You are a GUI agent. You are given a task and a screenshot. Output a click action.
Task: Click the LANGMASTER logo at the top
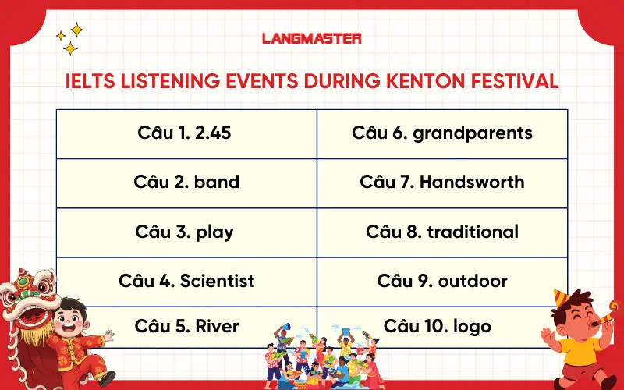click(311, 37)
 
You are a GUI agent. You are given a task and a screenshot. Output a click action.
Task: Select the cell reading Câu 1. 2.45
click(186, 133)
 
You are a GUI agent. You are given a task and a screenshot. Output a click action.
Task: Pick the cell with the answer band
click(186, 183)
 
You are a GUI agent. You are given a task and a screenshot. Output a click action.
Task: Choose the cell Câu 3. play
click(186, 232)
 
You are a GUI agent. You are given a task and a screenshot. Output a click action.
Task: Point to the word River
click(218, 326)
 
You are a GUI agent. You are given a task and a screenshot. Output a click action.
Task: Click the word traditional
click(473, 232)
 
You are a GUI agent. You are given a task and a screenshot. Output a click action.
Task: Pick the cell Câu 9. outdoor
click(442, 281)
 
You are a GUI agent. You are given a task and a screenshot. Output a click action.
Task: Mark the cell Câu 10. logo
click(442, 326)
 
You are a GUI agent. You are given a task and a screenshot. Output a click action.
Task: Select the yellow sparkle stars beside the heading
click(69, 39)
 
